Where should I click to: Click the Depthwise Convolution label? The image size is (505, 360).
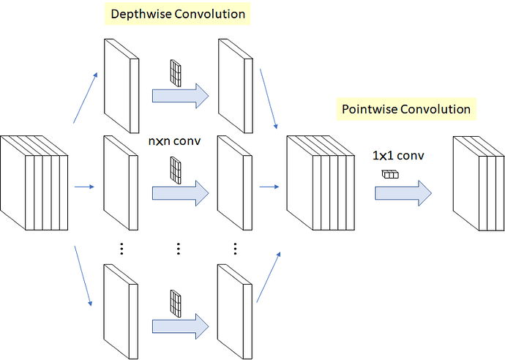tap(176, 13)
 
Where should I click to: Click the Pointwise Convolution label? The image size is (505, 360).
tap(406, 109)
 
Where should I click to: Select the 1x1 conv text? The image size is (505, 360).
tap(398, 156)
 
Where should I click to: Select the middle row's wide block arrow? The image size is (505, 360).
tap(180, 193)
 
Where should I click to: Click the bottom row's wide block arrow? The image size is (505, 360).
tap(180, 324)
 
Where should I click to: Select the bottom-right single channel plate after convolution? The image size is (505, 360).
tap(235, 307)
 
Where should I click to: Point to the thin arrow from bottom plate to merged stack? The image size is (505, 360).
tap(269, 276)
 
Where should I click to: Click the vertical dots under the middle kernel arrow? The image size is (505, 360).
tap(179, 249)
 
